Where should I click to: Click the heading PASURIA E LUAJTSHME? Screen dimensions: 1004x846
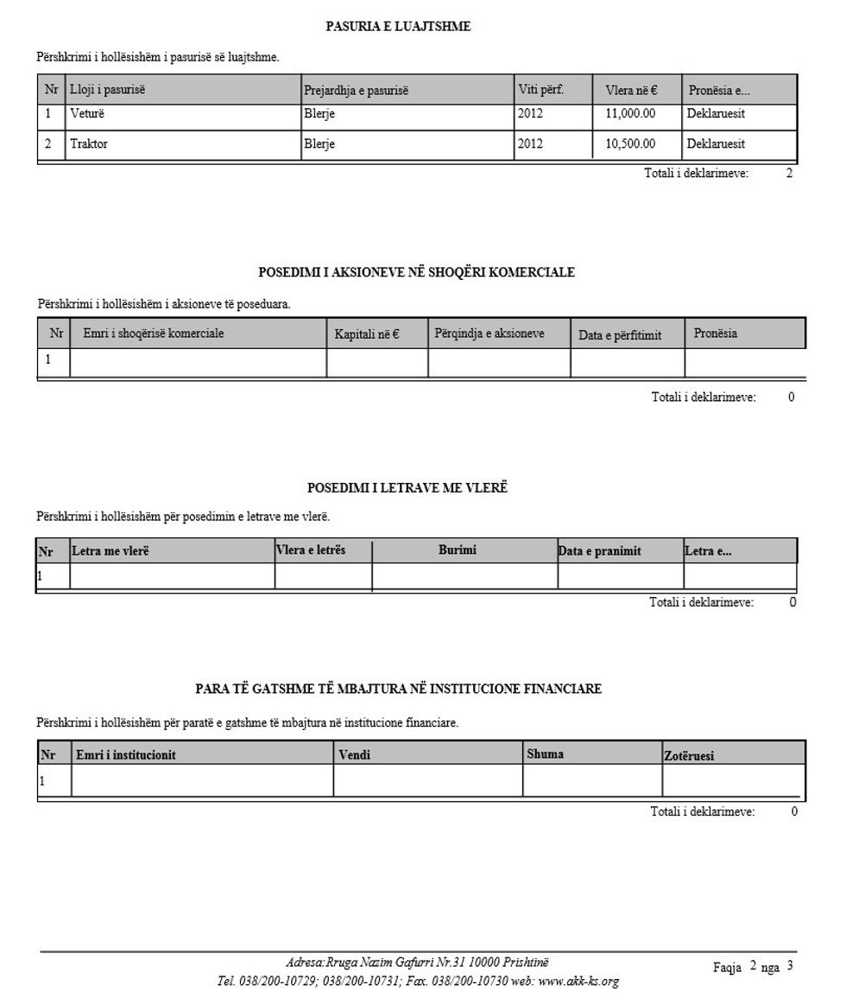398,27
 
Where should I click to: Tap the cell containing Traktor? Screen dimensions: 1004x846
89,144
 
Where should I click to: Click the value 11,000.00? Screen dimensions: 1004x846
630,113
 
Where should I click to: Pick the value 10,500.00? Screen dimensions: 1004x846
630,144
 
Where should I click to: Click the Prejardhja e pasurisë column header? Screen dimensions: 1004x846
356,91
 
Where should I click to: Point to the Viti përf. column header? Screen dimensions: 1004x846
540,89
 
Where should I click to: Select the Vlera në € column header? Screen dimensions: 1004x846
631,90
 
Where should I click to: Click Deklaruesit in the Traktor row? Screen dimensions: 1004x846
716,144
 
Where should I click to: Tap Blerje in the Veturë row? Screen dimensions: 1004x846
319,113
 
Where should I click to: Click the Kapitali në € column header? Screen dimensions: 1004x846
366,334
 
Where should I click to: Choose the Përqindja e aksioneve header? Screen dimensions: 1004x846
489,333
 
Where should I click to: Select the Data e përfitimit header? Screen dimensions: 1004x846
620,335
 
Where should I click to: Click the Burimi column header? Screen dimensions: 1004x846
458,550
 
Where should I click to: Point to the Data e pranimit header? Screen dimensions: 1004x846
600,551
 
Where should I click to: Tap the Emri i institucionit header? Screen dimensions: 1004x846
126,755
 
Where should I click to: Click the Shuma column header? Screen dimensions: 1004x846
546,753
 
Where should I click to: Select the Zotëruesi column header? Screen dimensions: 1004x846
689,756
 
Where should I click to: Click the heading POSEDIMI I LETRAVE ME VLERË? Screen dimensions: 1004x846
407,488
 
